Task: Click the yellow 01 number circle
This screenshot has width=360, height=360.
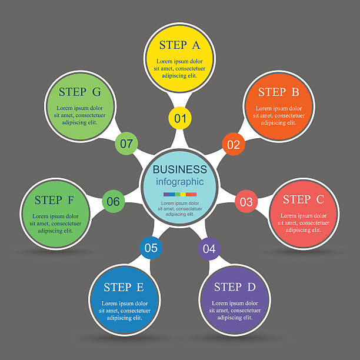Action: tap(180, 118)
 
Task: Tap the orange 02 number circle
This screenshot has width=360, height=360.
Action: tap(234, 144)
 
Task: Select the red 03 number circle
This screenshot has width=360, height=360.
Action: tap(246, 201)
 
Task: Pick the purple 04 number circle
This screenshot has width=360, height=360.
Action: tap(209, 248)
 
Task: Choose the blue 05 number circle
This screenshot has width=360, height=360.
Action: tap(151, 248)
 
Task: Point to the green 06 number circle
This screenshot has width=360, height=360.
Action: tap(113, 201)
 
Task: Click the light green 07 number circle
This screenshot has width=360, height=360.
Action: tap(126, 144)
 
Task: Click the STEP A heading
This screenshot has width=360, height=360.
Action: tap(180, 45)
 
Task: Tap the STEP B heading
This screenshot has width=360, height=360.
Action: tap(279, 92)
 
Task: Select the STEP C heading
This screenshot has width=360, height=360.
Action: tap(304, 199)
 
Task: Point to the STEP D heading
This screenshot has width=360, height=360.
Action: tap(235, 287)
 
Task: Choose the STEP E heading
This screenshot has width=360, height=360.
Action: tap(124, 287)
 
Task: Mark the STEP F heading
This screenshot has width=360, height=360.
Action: tap(54, 200)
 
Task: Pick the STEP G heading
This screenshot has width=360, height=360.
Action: tap(79, 92)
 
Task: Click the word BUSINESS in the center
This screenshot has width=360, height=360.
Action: tap(180, 169)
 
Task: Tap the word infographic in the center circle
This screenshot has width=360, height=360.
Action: tap(180, 182)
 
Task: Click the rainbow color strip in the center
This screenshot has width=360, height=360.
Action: tap(180, 195)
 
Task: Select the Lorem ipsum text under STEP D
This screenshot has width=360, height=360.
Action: tap(235, 311)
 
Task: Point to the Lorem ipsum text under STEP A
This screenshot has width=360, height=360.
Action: tap(179, 68)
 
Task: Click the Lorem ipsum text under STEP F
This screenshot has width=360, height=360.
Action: tap(55, 224)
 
